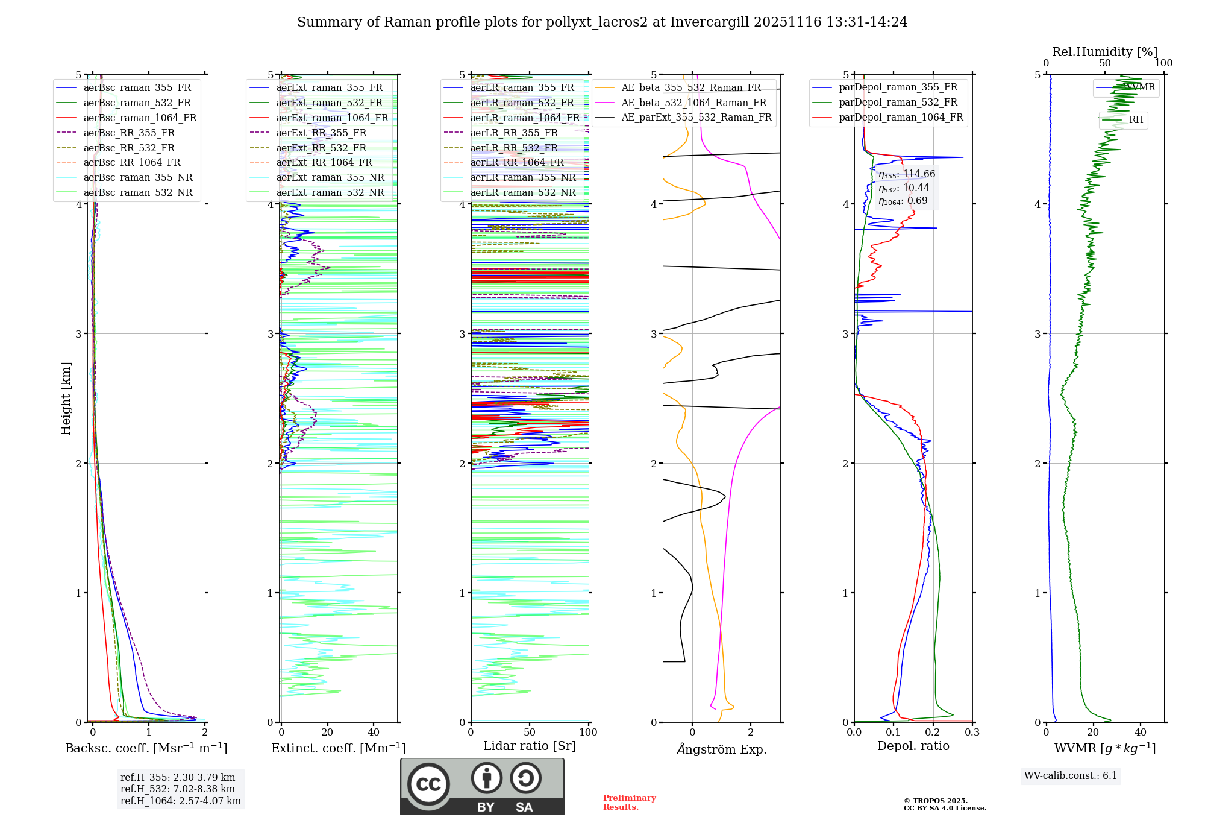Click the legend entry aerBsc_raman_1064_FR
click(140, 118)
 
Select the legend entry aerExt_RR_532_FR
click(321, 148)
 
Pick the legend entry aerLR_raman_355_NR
click(523, 177)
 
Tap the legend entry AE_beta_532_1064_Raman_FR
click(693, 102)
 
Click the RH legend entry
click(1136, 120)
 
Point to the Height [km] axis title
click(66, 399)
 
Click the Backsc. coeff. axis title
click(146, 748)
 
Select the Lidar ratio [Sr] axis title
click(530, 746)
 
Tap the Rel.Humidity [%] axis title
click(1104, 52)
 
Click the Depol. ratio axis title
click(913, 746)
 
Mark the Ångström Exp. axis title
click(721, 749)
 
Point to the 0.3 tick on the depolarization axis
click(972, 733)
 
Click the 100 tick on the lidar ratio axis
click(588, 733)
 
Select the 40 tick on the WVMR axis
click(1140, 733)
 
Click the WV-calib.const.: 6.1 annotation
click(1070, 776)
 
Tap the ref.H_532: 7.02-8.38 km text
click(178, 789)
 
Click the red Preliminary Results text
click(629, 803)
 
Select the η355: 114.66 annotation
click(907, 174)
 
